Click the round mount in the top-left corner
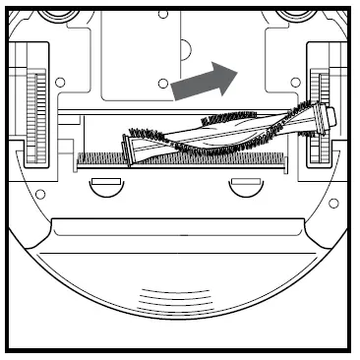point(51,12)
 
